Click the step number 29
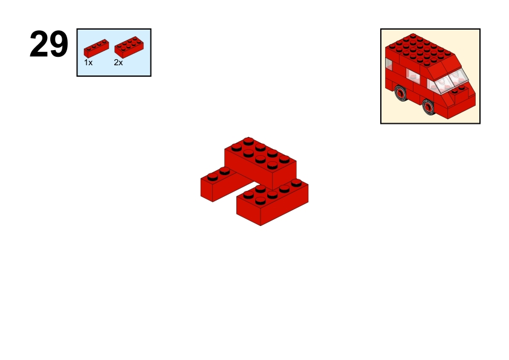pyautogui.click(x=49, y=44)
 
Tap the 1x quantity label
pyautogui.click(x=88, y=63)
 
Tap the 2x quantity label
pyautogui.click(x=118, y=63)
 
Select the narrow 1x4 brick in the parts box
pyautogui.click(x=96, y=48)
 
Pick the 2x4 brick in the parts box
pyautogui.click(x=129, y=47)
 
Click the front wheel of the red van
pyautogui.click(x=429, y=107)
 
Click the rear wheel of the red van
pyautogui.click(x=401, y=93)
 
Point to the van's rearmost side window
pyautogui.click(x=389, y=64)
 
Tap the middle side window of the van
pyautogui.click(x=413, y=76)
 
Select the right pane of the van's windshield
pyautogui.click(x=459, y=76)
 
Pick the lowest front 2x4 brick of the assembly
pyautogui.click(x=273, y=202)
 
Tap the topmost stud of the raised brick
pyautogui.click(x=248, y=141)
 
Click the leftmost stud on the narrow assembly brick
pyautogui.click(x=213, y=177)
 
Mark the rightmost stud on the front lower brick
pyautogui.click(x=296, y=182)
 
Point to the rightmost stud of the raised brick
pyautogui.click(x=284, y=159)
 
